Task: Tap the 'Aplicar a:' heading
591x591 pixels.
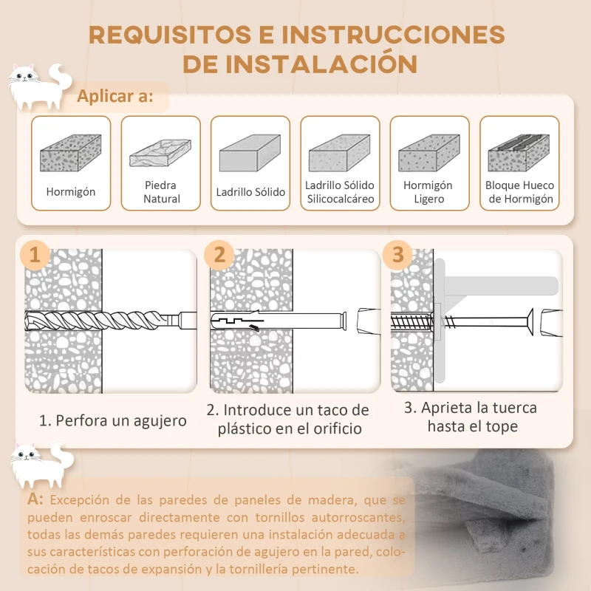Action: point(115,97)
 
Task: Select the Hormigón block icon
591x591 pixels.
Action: point(71,154)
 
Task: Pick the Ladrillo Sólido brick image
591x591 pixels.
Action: point(250,154)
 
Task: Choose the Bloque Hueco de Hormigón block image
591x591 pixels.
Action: point(519,153)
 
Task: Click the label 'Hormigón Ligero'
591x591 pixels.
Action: point(428,192)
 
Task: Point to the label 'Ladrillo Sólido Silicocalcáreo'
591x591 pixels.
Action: point(340,192)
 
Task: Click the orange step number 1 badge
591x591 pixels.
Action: point(35,255)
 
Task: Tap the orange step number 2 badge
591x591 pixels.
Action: point(219,255)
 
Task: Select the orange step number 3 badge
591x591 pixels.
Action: point(398,255)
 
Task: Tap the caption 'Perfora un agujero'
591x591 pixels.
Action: point(112,421)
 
